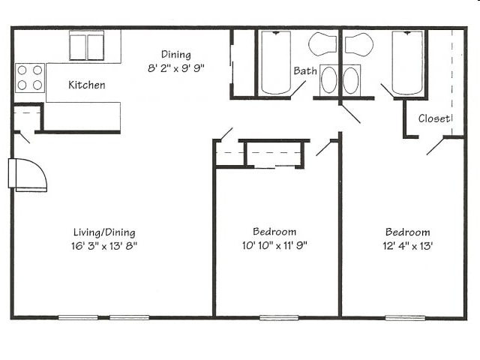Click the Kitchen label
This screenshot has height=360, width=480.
[x=87, y=85]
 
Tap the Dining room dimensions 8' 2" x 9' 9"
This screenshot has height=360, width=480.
[x=175, y=68]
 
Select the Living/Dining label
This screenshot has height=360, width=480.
[x=104, y=232]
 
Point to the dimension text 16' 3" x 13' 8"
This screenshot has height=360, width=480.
[x=104, y=246]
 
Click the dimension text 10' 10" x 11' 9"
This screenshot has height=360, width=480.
[x=274, y=245]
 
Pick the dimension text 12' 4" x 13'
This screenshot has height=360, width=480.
[x=407, y=246]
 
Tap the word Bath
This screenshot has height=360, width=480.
[x=305, y=70]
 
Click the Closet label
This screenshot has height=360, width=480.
[x=434, y=118]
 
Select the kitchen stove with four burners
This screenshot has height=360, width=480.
[x=30, y=78]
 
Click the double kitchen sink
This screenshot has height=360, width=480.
[x=87, y=46]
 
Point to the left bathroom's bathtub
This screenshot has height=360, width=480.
[x=276, y=63]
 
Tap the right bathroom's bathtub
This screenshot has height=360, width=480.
[x=407, y=63]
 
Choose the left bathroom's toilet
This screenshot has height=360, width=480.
[x=322, y=44]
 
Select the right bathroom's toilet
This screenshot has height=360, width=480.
[x=359, y=44]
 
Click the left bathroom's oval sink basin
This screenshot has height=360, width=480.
[x=329, y=80]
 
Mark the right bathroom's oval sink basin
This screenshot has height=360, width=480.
[x=351, y=80]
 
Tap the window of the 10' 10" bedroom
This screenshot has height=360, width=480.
[x=279, y=318]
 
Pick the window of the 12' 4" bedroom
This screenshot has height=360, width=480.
[x=405, y=318]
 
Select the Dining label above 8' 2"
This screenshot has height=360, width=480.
[x=176, y=55]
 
